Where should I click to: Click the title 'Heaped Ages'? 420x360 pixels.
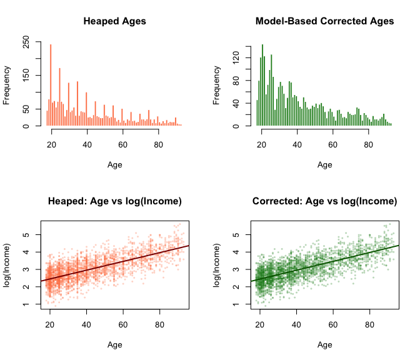pyautogui.click(x=114, y=21)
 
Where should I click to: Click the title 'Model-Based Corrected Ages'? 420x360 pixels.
pyautogui.click(x=324, y=21)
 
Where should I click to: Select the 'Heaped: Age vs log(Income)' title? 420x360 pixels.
pyautogui.click(x=114, y=201)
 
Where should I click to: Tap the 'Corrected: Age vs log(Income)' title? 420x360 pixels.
pyautogui.click(x=324, y=201)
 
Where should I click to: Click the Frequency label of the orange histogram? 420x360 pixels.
pyautogui.click(x=7, y=85)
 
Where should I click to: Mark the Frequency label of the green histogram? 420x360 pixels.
pyautogui.click(x=217, y=85)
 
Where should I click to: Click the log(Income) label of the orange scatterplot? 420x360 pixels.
pyautogui.click(x=7, y=265)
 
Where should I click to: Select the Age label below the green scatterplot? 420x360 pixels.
pyautogui.click(x=324, y=344)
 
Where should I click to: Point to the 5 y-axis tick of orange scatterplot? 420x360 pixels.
pyautogui.click(x=26, y=234)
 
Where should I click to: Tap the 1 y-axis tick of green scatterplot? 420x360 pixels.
pyautogui.click(x=236, y=304)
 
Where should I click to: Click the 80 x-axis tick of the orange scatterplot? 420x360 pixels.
pyautogui.click(x=159, y=325)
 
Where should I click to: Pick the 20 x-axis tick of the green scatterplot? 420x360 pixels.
pyautogui.click(x=262, y=325)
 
